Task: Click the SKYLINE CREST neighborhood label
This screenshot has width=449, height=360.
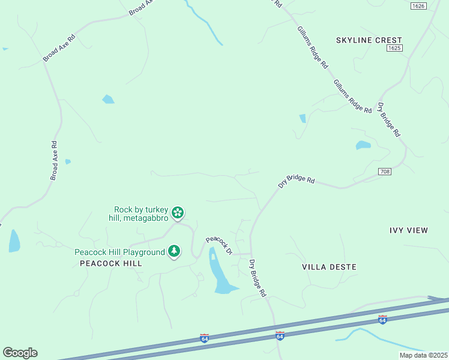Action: click(x=369, y=40)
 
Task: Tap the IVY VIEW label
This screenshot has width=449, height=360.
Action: click(x=409, y=230)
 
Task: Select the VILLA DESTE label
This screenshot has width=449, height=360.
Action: click(x=329, y=266)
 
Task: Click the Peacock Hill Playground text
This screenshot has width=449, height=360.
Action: click(x=119, y=252)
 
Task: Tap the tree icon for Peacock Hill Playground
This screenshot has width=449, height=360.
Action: click(x=174, y=251)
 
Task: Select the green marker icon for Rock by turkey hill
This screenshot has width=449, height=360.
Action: click(x=178, y=212)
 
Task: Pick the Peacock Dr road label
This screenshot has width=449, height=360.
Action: click(x=219, y=245)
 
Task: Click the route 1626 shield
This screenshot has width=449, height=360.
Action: click(x=419, y=6)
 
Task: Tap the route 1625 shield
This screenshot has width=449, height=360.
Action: click(x=394, y=48)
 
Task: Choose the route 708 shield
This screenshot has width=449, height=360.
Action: click(x=385, y=172)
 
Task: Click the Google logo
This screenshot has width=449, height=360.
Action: click(x=20, y=353)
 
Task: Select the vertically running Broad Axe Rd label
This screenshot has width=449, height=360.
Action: click(x=54, y=161)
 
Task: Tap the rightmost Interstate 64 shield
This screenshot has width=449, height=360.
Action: click(x=382, y=319)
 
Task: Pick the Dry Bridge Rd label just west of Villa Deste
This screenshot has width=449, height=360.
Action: click(x=257, y=278)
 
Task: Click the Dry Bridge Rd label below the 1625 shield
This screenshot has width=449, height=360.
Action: click(x=388, y=120)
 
